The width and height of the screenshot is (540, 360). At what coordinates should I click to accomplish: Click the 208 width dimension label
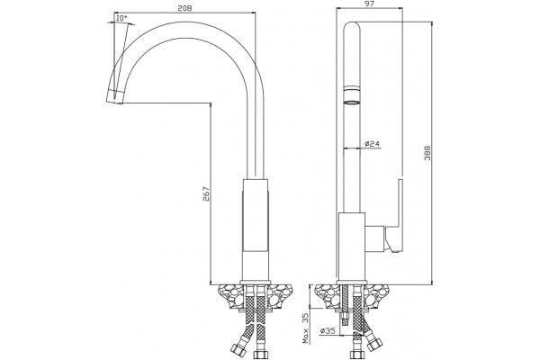point(184,8)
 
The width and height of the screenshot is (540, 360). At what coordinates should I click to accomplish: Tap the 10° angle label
point(121,18)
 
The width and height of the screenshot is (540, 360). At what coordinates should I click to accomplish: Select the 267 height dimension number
point(205,194)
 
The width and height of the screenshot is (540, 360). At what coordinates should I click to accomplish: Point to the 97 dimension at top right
point(369,4)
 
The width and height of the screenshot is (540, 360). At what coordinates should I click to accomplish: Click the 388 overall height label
point(427,153)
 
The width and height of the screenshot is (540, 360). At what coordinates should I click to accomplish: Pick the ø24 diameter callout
point(372,144)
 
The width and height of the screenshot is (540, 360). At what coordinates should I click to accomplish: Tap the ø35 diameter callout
point(328,331)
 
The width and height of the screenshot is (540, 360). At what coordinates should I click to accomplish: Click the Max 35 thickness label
point(305,328)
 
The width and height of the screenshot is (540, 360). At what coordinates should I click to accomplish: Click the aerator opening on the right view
point(352,103)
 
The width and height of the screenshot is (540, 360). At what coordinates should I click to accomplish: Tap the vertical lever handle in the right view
point(396,216)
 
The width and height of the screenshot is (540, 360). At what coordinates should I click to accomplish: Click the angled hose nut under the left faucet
point(238,348)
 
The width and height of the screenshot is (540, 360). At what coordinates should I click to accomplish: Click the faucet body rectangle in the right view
point(351,247)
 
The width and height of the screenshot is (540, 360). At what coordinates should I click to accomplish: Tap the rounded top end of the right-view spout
point(352,26)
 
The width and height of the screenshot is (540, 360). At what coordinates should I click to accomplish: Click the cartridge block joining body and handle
point(374,238)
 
